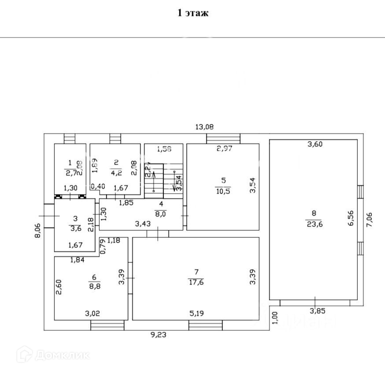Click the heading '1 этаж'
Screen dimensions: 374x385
(x=192, y=13)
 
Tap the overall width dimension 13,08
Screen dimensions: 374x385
(x=204, y=127)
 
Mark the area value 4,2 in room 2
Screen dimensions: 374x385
(x=116, y=173)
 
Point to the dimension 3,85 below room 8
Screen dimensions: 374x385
(x=315, y=310)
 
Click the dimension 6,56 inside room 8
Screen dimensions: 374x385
(x=351, y=218)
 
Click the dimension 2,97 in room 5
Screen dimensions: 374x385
(x=224, y=148)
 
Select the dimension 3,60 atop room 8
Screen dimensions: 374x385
(x=315, y=144)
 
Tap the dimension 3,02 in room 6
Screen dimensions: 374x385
(x=92, y=314)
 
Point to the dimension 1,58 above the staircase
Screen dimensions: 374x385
(x=164, y=149)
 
